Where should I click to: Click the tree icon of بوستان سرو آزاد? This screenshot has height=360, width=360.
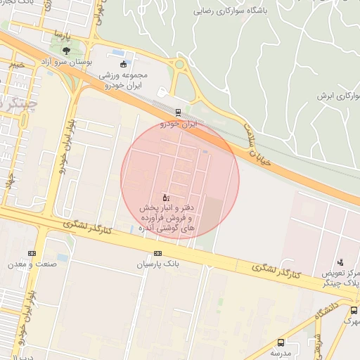(x=66, y=51)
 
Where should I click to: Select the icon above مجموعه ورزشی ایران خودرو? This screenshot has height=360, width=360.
(x=124, y=64)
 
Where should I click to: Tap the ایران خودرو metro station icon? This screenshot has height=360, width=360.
(x=178, y=112)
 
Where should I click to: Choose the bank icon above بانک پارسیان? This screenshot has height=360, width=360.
(x=157, y=253)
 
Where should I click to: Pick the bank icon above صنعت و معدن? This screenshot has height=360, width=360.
(x=32, y=253)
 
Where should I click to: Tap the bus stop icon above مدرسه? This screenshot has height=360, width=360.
(x=282, y=342)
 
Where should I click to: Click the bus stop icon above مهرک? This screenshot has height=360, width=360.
(x=354, y=310)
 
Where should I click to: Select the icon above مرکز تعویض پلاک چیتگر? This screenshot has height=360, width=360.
(x=340, y=262)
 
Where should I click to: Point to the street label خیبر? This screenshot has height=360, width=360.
(x=16, y=65)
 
